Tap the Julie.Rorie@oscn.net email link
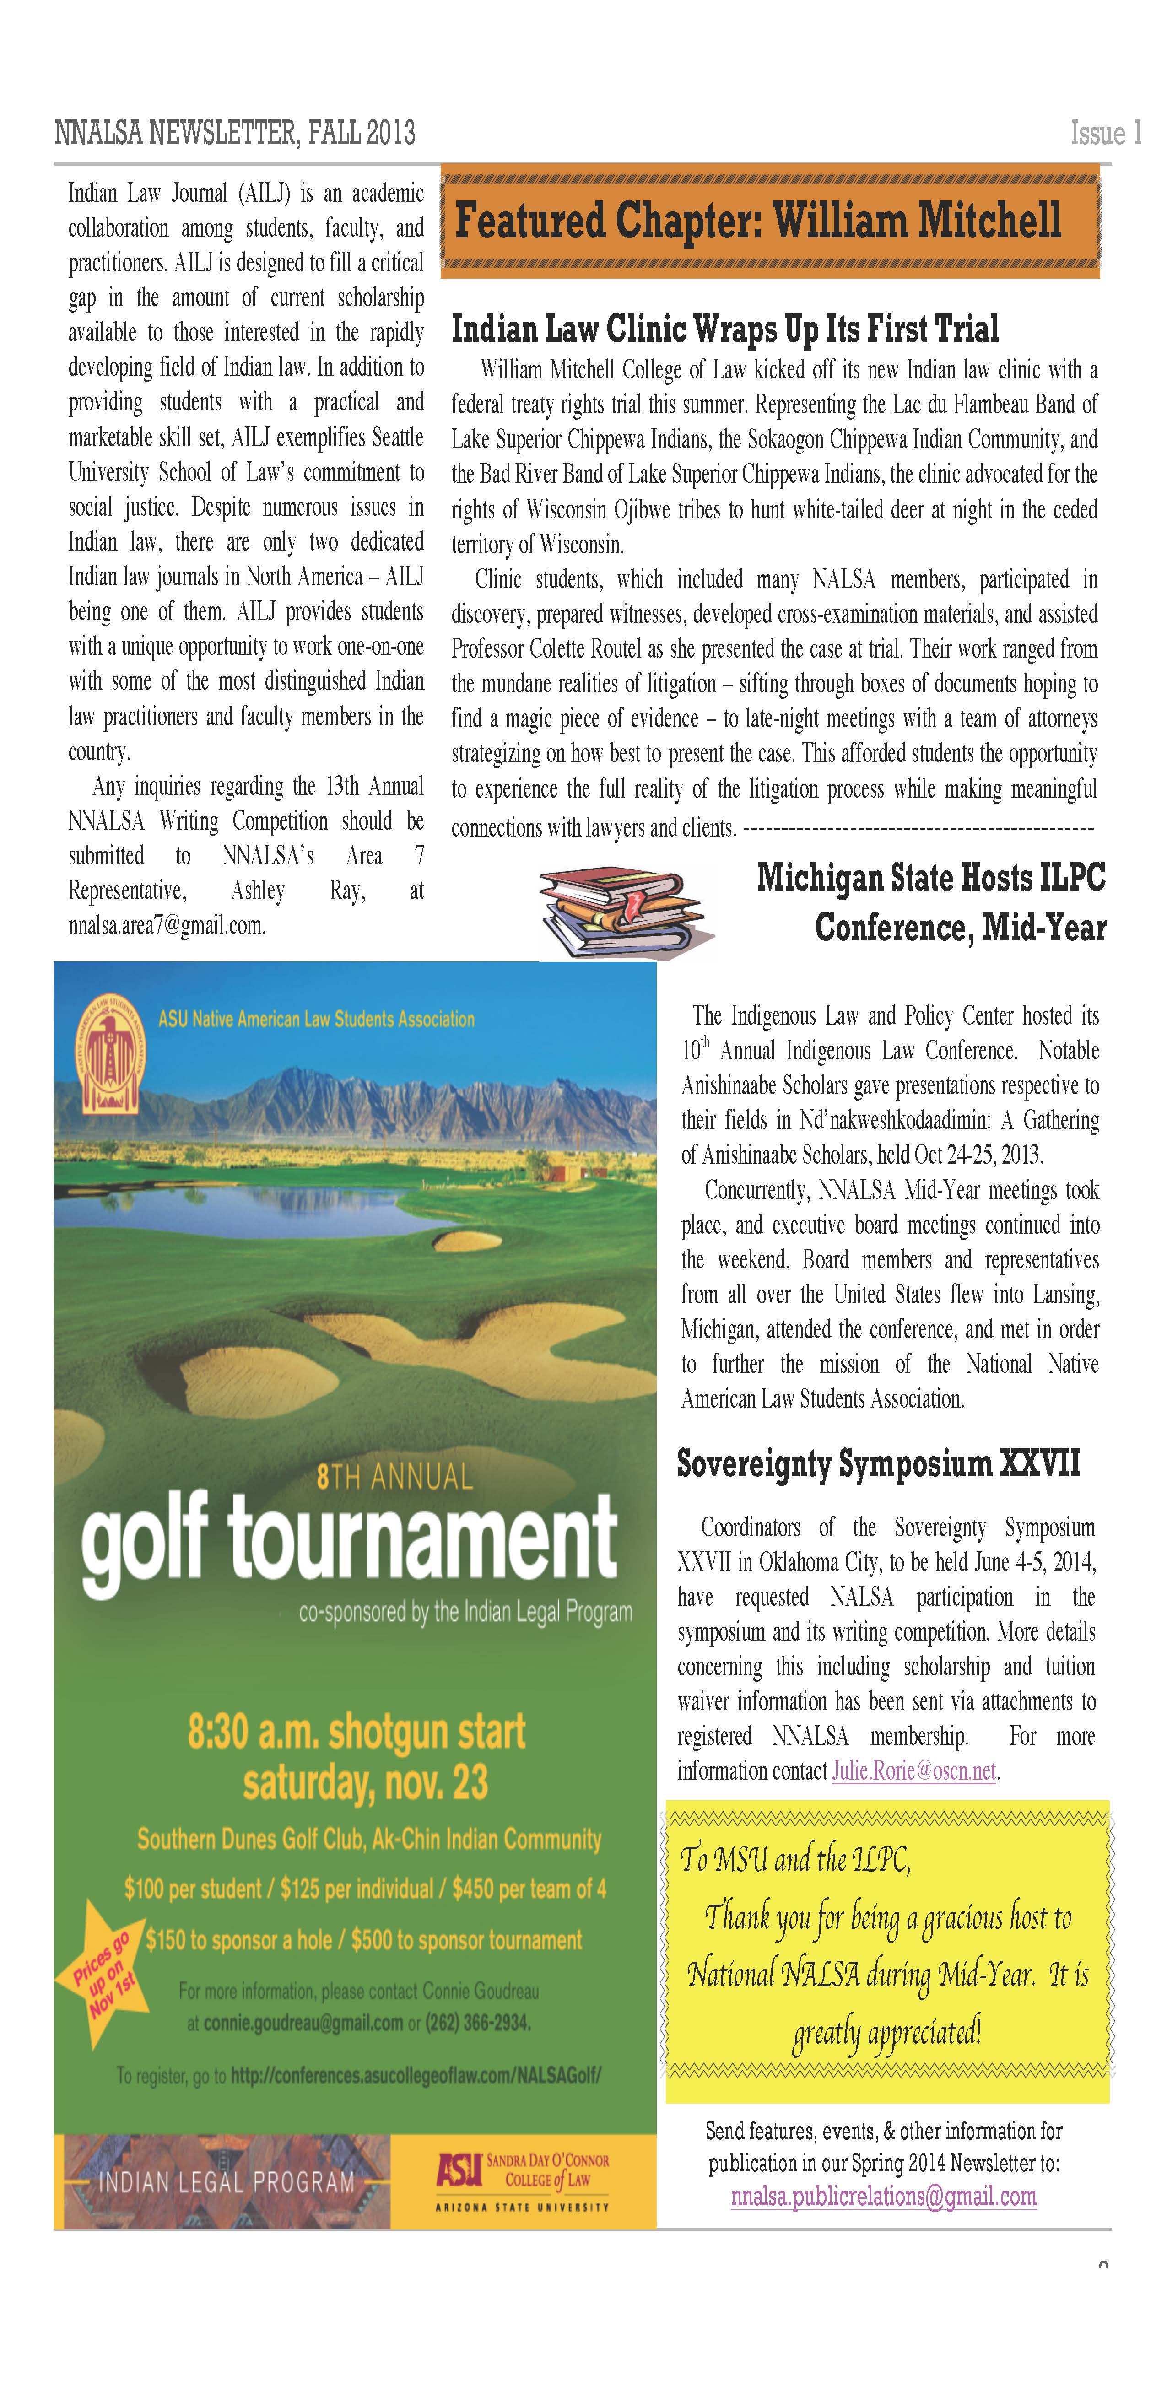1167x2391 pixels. [913, 1771]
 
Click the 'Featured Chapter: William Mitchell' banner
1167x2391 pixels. [770, 221]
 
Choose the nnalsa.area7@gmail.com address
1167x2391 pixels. [167, 925]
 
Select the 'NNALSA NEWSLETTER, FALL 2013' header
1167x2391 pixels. [235, 134]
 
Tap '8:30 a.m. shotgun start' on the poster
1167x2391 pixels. [357, 1732]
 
